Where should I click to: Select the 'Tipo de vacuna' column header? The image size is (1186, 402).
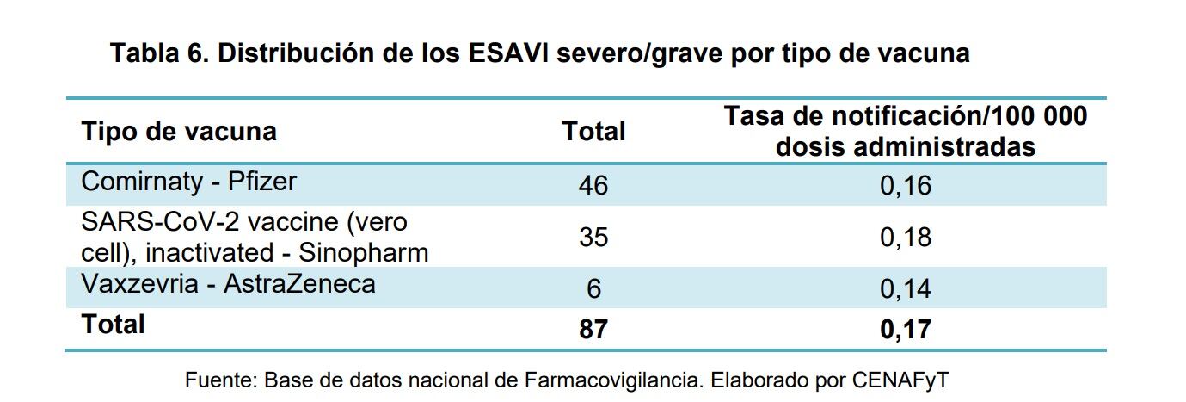179,132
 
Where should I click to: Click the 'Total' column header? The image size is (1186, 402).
593,132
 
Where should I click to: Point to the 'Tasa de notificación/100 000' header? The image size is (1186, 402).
905,116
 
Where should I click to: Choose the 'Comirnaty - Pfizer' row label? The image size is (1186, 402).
188,182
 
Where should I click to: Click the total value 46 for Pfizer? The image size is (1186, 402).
593,185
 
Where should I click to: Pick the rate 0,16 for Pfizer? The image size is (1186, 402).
905,185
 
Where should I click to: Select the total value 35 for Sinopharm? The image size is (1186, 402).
593,237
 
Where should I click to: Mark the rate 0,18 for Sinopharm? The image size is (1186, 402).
905,237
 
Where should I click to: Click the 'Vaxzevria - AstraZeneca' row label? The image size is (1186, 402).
228,284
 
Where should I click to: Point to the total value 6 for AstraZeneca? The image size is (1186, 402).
593,288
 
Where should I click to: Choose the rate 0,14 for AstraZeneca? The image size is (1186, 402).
905,288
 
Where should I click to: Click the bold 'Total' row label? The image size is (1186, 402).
113,325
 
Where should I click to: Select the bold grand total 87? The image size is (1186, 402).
593,329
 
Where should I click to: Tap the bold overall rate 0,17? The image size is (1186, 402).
905,329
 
